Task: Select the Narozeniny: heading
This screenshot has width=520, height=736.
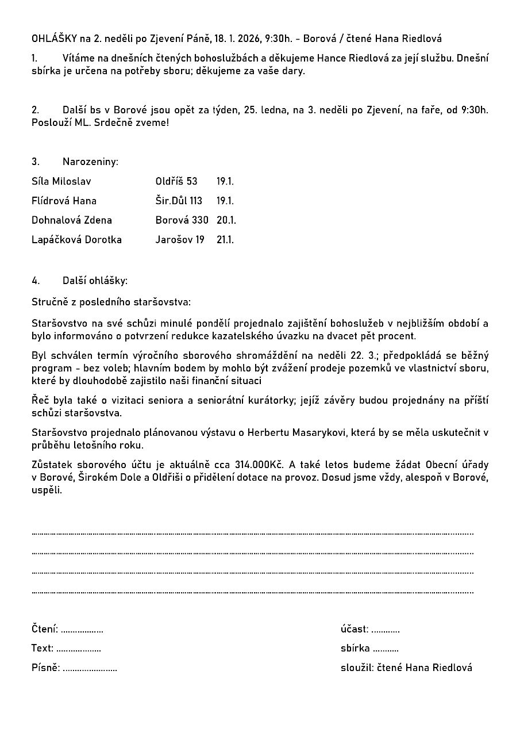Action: point(90,162)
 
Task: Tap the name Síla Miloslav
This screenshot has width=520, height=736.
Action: point(61,181)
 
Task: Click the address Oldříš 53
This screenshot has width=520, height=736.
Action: point(176,181)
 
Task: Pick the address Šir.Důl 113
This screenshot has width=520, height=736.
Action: point(179,201)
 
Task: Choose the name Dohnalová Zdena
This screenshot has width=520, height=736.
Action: point(72,220)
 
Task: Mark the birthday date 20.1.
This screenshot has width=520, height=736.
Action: point(226,220)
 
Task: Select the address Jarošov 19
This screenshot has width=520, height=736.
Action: point(180,239)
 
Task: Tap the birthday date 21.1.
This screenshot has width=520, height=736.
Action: point(225,239)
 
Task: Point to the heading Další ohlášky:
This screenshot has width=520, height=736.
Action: point(95,281)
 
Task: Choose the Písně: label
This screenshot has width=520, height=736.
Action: point(45,668)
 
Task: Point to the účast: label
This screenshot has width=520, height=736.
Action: point(355,629)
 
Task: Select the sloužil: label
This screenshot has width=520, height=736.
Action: point(357,668)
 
